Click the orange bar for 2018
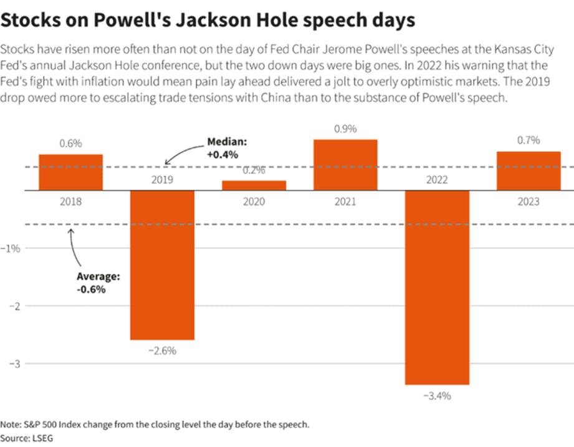click(x=71, y=172)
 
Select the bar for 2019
click(x=162, y=265)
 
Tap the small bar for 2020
click(x=254, y=186)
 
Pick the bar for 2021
click(x=345, y=164)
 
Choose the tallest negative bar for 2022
click(x=436, y=287)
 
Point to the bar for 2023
click(x=528, y=170)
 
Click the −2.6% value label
click(x=162, y=351)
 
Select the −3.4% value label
click(x=436, y=396)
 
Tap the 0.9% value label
click(x=345, y=129)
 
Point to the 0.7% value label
click(x=528, y=141)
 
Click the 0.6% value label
click(x=71, y=144)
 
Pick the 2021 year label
click(x=345, y=202)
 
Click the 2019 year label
click(x=162, y=181)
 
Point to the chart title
click(x=207, y=20)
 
